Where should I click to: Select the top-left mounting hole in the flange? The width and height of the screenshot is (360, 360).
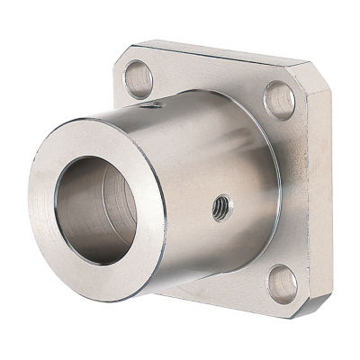[138, 77]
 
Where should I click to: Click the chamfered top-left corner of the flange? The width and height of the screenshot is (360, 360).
[121, 58]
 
